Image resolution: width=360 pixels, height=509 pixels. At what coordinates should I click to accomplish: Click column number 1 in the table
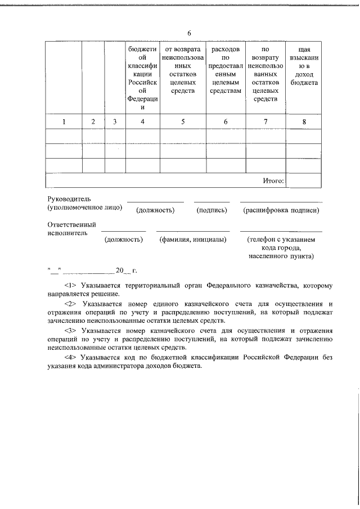pos(64,121)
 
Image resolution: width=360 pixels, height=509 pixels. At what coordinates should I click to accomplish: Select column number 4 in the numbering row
pos(143,121)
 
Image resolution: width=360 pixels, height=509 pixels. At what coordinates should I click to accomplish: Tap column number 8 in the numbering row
pos(304,121)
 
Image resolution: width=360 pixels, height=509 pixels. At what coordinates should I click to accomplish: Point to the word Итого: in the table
pos(273,181)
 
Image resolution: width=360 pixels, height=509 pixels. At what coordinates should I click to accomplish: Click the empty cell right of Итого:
pos(304,181)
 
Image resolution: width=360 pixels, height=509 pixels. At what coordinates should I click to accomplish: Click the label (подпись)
pos(211,210)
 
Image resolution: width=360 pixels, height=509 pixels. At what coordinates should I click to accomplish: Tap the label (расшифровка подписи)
pos(281,210)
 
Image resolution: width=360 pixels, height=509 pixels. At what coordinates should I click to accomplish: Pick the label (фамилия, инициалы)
pos(193,240)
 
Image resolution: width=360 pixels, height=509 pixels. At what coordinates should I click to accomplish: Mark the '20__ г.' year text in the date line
pos(123,271)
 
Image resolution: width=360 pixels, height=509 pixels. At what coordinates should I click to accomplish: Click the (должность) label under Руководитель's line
pos(155,210)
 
